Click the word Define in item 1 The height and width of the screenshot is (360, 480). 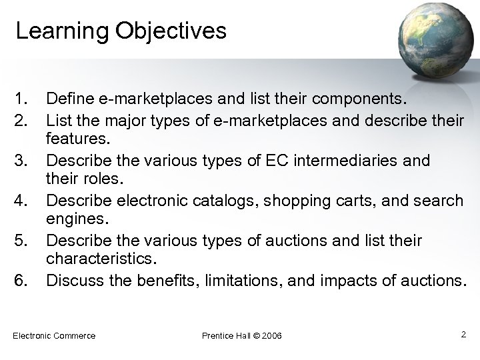tap(69, 101)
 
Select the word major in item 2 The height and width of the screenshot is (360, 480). tap(137, 121)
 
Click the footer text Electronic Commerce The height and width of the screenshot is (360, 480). tap(54, 335)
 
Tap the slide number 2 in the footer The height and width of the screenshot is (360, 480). tap(463, 333)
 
